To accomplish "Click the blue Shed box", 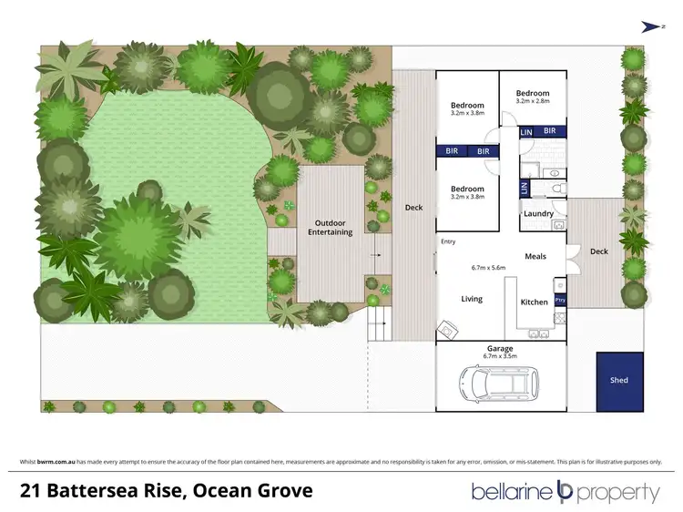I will tap(619, 380).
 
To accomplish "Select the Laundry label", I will tap(539, 214).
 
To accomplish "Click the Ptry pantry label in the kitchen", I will tap(560, 298).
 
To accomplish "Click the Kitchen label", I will tap(534, 302).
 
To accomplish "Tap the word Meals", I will tap(535, 256).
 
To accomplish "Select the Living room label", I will tap(471, 299).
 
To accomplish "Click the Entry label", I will tap(447, 241).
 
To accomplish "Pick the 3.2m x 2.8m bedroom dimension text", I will tap(533, 101).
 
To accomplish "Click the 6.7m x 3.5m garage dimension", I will tap(500, 356).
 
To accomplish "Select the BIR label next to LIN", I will tap(549, 132).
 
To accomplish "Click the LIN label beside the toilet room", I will tap(524, 188).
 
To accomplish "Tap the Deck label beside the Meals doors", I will tap(597, 251).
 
